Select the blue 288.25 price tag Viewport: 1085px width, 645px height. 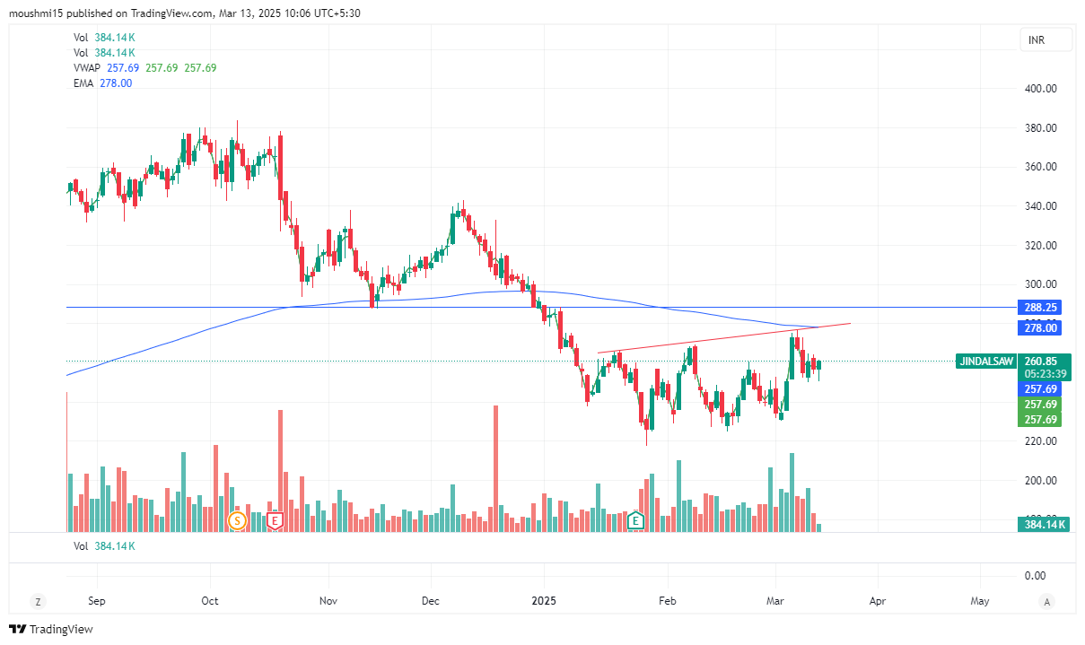[x=1041, y=307]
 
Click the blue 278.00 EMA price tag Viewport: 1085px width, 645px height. [x=1041, y=329]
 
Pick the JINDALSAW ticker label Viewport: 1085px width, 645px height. [x=986, y=361]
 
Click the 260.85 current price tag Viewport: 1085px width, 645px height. [x=1041, y=361]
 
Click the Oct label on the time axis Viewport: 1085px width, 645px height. [x=209, y=600]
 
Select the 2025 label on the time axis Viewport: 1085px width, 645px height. [x=545, y=600]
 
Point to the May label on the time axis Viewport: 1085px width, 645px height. [x=980, y=600]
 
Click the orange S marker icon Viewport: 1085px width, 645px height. [x=238, y=520]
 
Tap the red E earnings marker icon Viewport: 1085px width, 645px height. [x=276, y=520]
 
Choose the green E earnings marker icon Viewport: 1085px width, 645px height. [x=636, y=520]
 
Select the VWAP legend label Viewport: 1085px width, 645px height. [x=88, y=68]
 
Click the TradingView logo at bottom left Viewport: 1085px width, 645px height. [x=51, y=630]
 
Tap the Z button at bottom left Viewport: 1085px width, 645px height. [x=38, y=600]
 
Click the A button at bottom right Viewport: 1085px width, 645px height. [x=1046, y=600]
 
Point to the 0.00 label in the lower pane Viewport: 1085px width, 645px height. [x=1035, y=575]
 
